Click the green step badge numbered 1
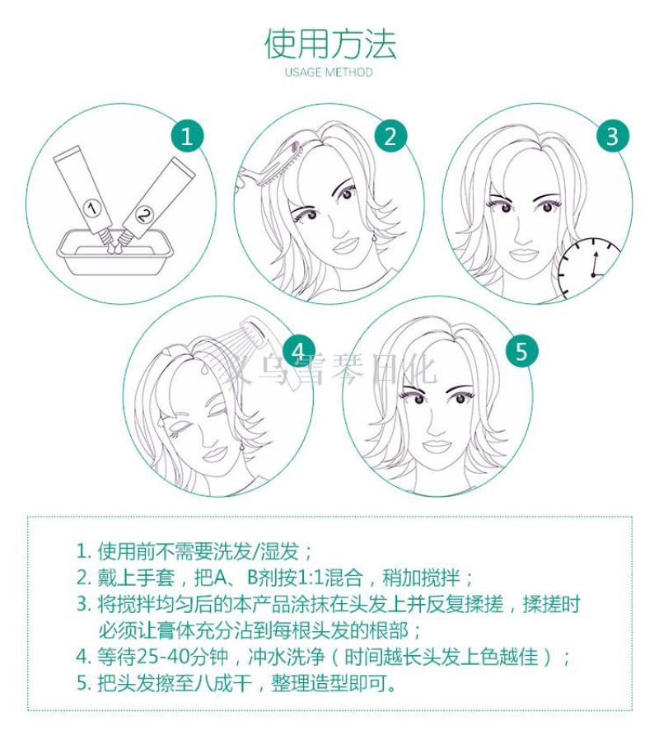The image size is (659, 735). tap(187, 137)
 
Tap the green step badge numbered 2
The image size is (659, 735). tap(390, 137)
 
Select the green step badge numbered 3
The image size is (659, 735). tap(613, 137)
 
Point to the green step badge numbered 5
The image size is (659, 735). tap(522, 351)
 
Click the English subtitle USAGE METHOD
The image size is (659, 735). tap(329, 73)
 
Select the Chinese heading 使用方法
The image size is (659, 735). tap(330, 44)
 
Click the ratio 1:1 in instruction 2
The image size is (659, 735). tap(311, 578)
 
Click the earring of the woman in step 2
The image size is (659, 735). tap(375, 239)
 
